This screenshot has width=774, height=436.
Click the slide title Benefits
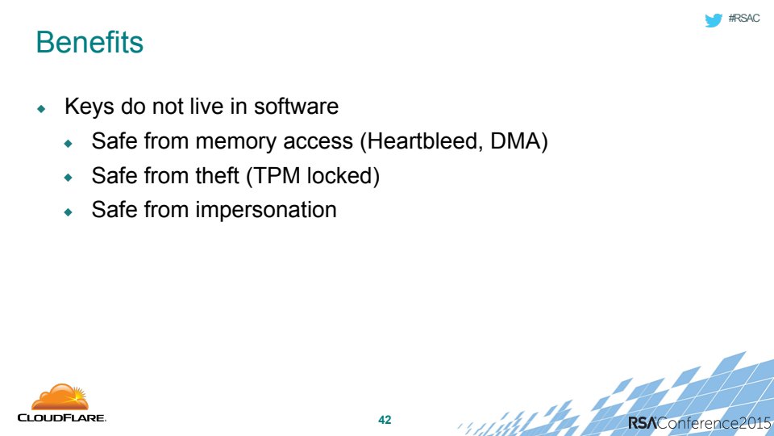pyautogui.click(x=89, y=42)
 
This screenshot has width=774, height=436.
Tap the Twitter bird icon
pyautogui.click(x=714, y=19)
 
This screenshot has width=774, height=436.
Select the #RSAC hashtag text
pyautogui.click(x=744, y=19)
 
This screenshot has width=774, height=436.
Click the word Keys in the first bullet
pyautogui.click(x=89, y=107)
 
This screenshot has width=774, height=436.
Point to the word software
pyautogui.click(x=296, y=107)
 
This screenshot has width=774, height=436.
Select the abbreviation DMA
pyautogui.click(x=516, y=141)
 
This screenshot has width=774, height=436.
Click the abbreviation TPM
pyautogui.click(x=277, y=175)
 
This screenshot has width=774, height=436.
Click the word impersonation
pyautogui.click(x=266, y=211)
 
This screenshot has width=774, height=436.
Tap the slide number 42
pyautogui.click(x=385, y=420)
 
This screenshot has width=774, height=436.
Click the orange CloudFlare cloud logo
pyautogui.click(x=60, y=397)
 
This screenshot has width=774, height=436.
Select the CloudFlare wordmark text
pyautogui.click(x=62, y=417)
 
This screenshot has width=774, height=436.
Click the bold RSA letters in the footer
pyautogui.click(x=643, y=422)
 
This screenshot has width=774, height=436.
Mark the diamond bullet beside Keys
pyautogui.click(x=41, y=108)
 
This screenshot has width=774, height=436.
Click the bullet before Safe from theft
pyautogui.click(x=69, y=177)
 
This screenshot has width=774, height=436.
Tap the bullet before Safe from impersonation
pyautogui.click(x=69, y=212)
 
